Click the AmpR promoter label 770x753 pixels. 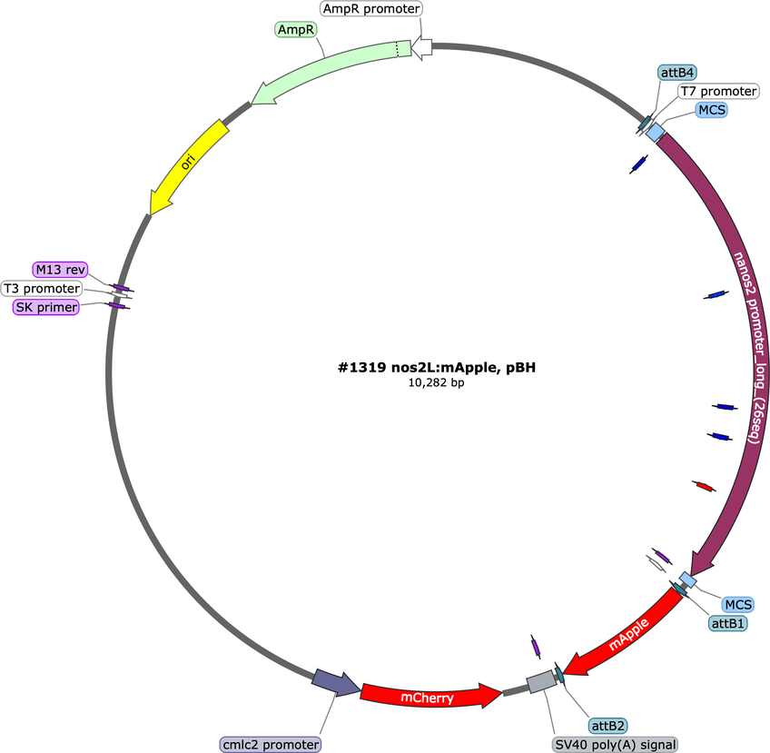pos(371,9)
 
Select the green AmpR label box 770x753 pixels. pos(296,29)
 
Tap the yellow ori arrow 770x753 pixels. pos(188,163)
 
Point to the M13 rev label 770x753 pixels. pos(61,270)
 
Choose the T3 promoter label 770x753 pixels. pos(42,288)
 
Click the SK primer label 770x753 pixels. pos(46,307)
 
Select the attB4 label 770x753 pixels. pos(677,73)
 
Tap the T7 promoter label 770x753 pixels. pos(718,92)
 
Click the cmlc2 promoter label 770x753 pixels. pos(271,745)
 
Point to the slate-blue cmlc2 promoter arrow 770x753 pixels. pos(335,683)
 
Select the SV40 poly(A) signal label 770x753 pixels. pos(616,745)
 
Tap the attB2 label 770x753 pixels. pos(608,726)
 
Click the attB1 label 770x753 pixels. pos(727,623)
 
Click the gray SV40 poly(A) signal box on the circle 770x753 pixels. pos(542,681)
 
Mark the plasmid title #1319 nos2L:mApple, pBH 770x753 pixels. pos(437,367)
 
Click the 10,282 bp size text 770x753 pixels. pos(437,382)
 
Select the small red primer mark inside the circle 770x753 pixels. pos(705,486)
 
